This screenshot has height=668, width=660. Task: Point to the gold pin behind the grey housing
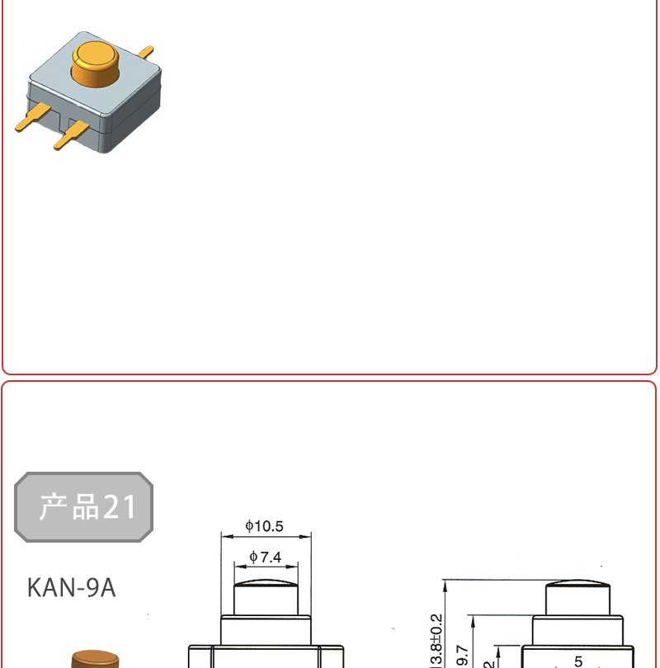tap(146, 52)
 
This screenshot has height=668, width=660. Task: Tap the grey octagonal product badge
tap(84, 506)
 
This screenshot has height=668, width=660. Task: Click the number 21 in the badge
tap(120, 507)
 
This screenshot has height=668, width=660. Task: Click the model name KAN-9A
tap(71, 588)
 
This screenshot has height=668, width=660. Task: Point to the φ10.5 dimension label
tap(265, 526)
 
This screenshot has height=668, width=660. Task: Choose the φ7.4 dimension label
tap(266, 557)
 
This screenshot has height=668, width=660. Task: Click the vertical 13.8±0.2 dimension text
tap(436, 640)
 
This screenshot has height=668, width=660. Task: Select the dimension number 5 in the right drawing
tap(578, 661)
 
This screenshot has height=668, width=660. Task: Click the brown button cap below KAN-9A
tap(92, 659)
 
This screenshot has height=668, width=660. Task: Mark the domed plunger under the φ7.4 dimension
tap(266, 597)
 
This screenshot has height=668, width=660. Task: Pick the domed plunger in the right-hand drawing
tap(577, 597)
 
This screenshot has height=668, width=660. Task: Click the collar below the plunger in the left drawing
tap(266, 630)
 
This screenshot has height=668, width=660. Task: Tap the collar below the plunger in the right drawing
tap(577, 630)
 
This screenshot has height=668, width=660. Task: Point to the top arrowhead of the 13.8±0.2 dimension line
tap(445, 584)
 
